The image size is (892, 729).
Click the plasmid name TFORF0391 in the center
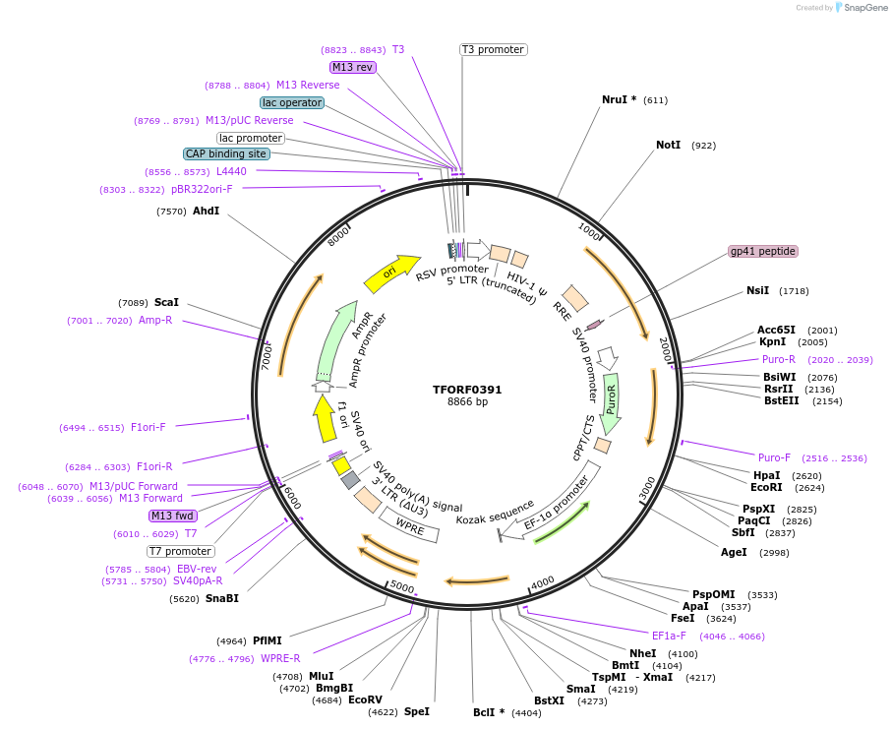click(x=467, y=389)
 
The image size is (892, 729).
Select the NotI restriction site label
click(x=668, y=145)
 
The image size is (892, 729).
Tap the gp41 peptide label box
click(x=762, y=251)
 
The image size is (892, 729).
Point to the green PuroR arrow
click(x=611, y=403)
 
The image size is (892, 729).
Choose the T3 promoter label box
click(x=493, y=49)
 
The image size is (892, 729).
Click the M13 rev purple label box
click(x=353, y=67)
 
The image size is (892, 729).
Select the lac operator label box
click(x=292, y=102)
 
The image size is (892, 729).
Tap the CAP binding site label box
click(x=225, y=153)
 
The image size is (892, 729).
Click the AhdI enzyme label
click(x=206, y=211)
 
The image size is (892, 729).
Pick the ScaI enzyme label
click(x=166, y=302)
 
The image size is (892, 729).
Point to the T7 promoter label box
click(x=180, y=551)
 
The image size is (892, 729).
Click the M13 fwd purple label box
click(x=172, y=516)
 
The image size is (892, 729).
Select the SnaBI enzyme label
click(x=221, y=598)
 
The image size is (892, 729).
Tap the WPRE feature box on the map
click(x=409, y=526)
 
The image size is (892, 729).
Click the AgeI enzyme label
click(x=734, y=552)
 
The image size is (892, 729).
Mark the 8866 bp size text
click(x=467, y=402)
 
